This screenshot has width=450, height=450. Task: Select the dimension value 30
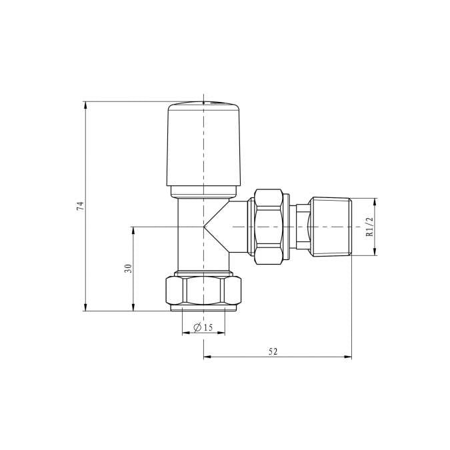(x=128, y=268)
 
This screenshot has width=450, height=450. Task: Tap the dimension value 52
(x=273, y=351)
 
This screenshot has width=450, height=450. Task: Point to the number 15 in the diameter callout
(x=208, y=327)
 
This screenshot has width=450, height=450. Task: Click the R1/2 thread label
(x=369, y=227)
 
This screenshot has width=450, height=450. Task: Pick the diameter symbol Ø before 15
(x=197, y=327)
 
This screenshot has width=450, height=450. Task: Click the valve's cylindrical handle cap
(x=203, y=143)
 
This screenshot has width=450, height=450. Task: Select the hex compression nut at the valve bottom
(x=203, y=291)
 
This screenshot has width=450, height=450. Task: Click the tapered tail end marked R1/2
(x=331, y=227)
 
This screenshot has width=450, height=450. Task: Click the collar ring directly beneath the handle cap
(x=203, y=191)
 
